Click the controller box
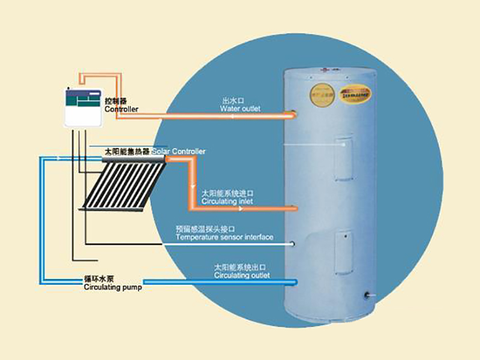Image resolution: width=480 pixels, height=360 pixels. [x=84, y=107]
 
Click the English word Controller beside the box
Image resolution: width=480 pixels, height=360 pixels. [x=121, y=110]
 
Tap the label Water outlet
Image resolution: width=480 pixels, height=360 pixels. [x=240, y=109]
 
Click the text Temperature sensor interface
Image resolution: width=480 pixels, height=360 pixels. [x=224, y=238]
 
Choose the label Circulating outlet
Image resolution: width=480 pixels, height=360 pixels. [x=241, y=275]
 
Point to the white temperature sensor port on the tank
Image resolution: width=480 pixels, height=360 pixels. [x=292, y=244]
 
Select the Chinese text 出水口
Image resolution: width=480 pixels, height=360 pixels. [x=230, y=101]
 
